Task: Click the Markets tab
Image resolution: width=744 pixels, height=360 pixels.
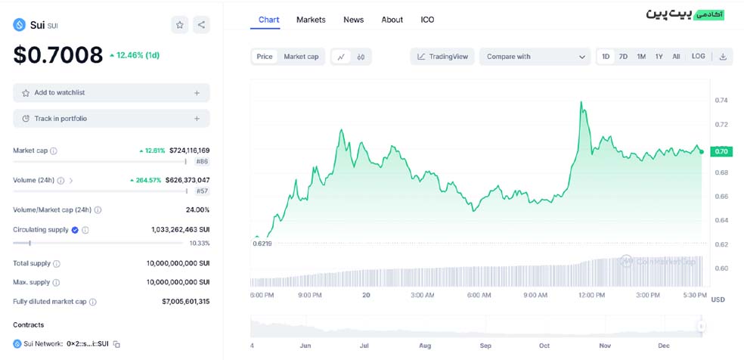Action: (311, 20)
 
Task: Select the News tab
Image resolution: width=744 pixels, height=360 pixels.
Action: (354, 20)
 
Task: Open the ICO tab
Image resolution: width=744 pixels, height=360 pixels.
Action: (427, 20)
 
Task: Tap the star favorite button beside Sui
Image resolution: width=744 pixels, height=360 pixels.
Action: (179, 25)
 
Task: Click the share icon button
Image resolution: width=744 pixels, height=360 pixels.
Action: (201, 25)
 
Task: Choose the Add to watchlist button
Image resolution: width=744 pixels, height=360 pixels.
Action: (111, 92)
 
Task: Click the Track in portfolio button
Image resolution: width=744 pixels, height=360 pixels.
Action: (111, 119)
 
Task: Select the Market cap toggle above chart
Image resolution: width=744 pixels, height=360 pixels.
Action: (301, 57)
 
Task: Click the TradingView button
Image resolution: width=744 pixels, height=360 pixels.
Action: (443, 57)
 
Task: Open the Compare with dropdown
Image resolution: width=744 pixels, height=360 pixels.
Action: (535, 57)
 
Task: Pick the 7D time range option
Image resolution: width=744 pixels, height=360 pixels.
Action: (623, 57)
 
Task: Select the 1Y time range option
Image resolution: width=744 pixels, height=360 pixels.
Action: (659, 57)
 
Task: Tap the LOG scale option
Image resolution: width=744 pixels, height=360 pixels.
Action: (698, 56)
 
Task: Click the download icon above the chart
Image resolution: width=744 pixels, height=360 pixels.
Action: (723, 57)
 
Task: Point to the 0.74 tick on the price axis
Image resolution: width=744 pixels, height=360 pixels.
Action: (721, 100)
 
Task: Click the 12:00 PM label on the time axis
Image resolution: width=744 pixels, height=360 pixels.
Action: (592, 295)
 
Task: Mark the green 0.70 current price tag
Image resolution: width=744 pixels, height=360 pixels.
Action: (721, 152)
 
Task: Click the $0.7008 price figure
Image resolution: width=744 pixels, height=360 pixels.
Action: (58, 55)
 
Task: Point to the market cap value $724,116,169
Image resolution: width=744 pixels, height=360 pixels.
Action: (189, 151)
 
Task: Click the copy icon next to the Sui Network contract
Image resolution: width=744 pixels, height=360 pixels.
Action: (116, 344)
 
